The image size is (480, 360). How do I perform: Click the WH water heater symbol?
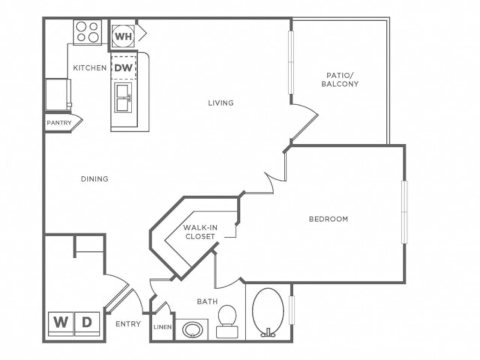tap(123, 36)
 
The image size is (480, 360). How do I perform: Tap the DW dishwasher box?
tap(123, 68)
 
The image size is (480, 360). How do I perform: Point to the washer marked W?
tap(61, 323)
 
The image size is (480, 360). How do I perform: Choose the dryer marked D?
tap(87, 323)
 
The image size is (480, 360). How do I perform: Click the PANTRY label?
tap(59, 123)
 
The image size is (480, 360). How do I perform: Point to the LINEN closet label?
tap(162, 327)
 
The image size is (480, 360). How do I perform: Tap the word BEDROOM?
tap(328, 219)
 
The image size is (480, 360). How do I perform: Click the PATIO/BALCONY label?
tap(340, 80)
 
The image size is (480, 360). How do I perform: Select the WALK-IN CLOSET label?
tap(200, 232)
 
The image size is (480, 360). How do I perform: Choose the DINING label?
tap(94, 179)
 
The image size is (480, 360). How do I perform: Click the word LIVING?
tap(221, 103)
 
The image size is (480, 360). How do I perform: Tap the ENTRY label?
tap(128, 324)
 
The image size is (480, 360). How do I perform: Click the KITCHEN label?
tap(90, 68)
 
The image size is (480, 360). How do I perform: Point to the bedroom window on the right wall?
tap(404, 212)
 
